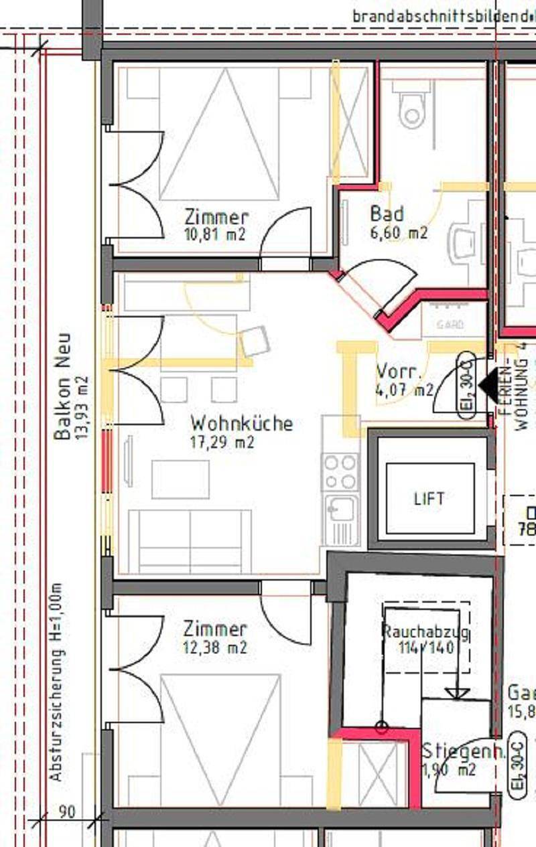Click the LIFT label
coord(429,499)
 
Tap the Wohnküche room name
coord(241,423)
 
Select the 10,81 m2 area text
coord(214,234)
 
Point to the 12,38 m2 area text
coord(214,647)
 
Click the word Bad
coord(387,214)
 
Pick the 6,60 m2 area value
coord(399,233)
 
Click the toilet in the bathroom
coord(411,111)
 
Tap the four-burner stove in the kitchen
coord(340,471)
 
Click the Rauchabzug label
coord(425,631)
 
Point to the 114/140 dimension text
coord(427,647)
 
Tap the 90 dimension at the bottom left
coord(66,812)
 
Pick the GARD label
coord(450,325)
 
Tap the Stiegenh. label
coord(464,752)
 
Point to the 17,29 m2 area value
coord(222,442)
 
